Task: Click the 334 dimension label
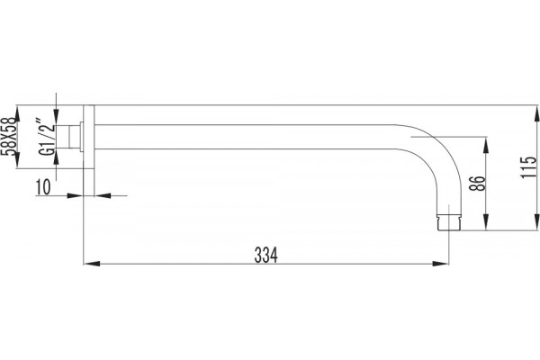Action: tap(265, 256)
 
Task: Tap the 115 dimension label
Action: tap(528, 167)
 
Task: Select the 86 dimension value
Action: tap(478, 184)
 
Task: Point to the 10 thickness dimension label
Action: tap(43, 187)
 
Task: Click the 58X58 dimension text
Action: tap(9, 137)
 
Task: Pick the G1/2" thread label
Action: tap(46, 137)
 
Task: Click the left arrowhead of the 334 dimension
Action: tap(92, 264)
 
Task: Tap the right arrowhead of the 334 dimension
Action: tap(440, 264)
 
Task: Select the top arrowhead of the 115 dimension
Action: tap(536, 113)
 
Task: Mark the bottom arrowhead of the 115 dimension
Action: tap(536, 222)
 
